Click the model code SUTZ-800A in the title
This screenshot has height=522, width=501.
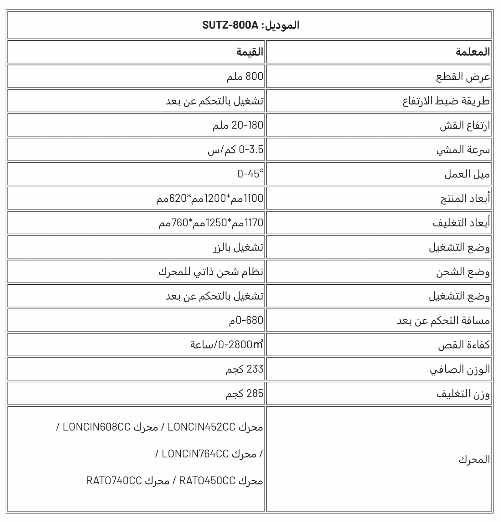230,25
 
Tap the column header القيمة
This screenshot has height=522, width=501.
250,52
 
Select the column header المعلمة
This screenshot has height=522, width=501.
473,52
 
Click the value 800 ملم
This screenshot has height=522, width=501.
245,76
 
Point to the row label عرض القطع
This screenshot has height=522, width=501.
463,76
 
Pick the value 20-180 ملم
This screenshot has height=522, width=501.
238,125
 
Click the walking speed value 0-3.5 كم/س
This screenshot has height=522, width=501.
235,150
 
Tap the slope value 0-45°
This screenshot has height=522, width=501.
250,174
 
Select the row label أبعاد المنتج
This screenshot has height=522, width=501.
465,198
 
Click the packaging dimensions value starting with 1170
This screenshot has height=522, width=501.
211,223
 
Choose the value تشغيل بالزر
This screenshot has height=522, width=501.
238,247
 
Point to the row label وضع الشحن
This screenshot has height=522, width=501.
463,272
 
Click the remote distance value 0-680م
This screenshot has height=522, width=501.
246,320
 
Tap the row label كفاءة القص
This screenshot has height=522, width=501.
463,345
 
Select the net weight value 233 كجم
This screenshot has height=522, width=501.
245,369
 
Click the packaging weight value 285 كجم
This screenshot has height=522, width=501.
245,394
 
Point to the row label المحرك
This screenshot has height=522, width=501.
474,459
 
